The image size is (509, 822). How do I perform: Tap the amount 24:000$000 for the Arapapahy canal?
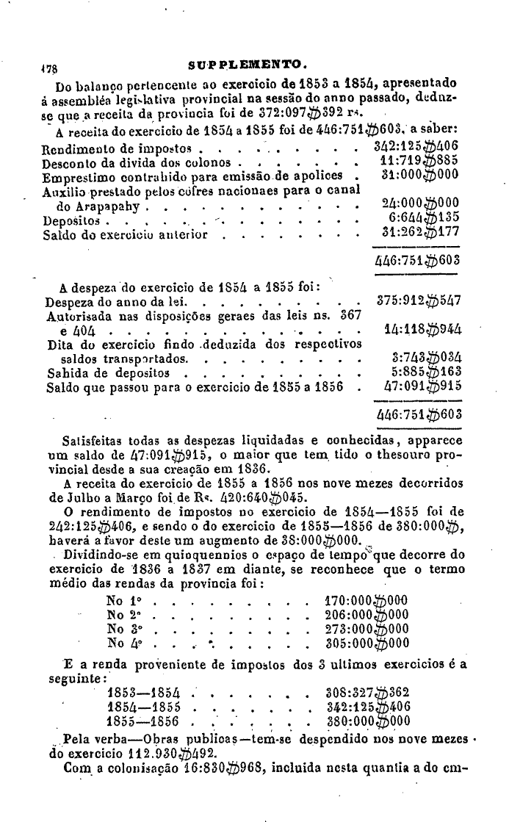(x=419, y=204)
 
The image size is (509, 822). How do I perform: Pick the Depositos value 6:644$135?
(x=424, y=219)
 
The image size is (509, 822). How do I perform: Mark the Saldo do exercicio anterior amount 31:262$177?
(x=419, y=235)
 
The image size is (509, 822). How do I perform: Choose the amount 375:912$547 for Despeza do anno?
(x=419, y=302)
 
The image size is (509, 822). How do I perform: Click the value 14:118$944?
(x=422, y=331)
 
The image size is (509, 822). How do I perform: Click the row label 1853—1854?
(x=143, y=691)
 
